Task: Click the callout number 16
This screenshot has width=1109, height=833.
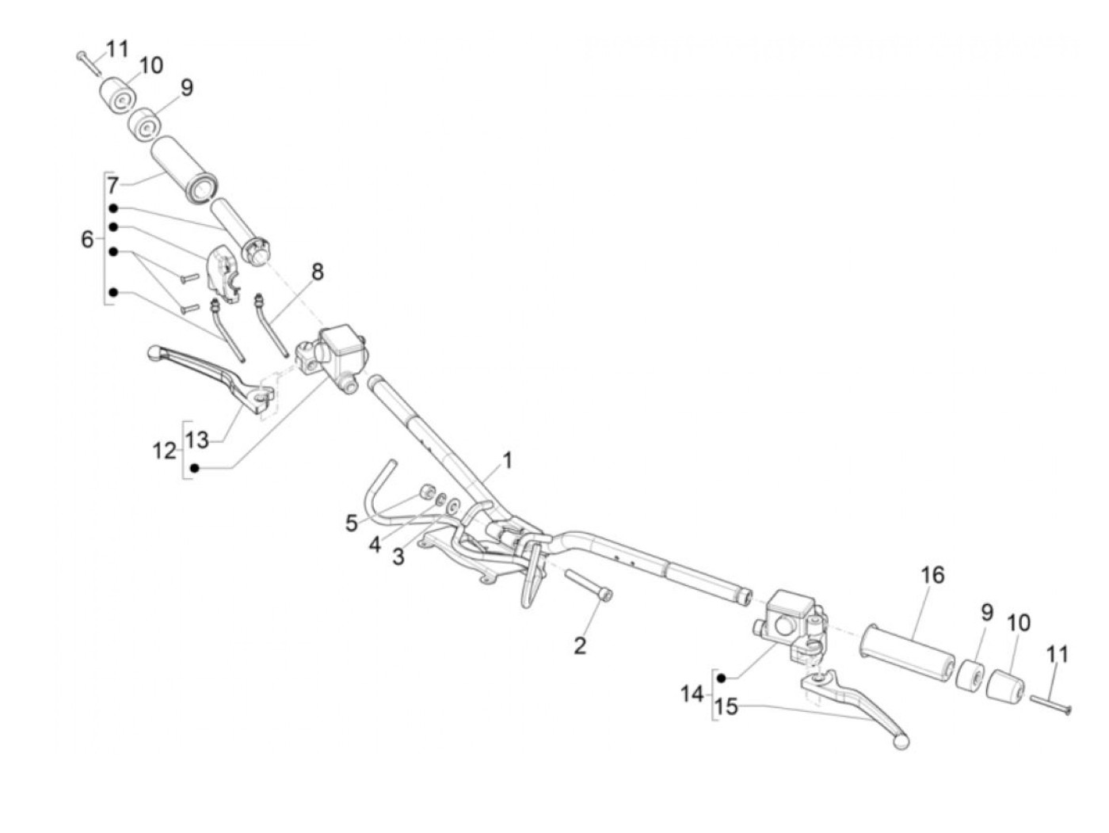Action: (x=933, y=575)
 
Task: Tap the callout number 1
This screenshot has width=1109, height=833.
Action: (x=507, y=460)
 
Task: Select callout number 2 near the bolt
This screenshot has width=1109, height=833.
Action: (x=580, y=645)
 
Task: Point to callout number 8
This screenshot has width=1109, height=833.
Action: (x=317, y=272)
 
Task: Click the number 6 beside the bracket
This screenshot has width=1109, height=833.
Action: (x=87, y=238)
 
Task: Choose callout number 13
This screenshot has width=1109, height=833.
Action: (x=197, y=439)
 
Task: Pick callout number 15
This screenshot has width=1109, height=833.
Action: (x=726, y=706)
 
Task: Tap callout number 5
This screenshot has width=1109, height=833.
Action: (x=351, y=523)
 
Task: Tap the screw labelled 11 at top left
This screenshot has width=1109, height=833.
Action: (x=88, y=61)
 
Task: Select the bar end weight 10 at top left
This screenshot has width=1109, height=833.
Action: (x=118, y=97)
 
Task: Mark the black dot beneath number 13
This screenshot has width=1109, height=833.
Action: (x=195, y=469)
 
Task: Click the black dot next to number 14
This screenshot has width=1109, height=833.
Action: (x=722, y=678)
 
